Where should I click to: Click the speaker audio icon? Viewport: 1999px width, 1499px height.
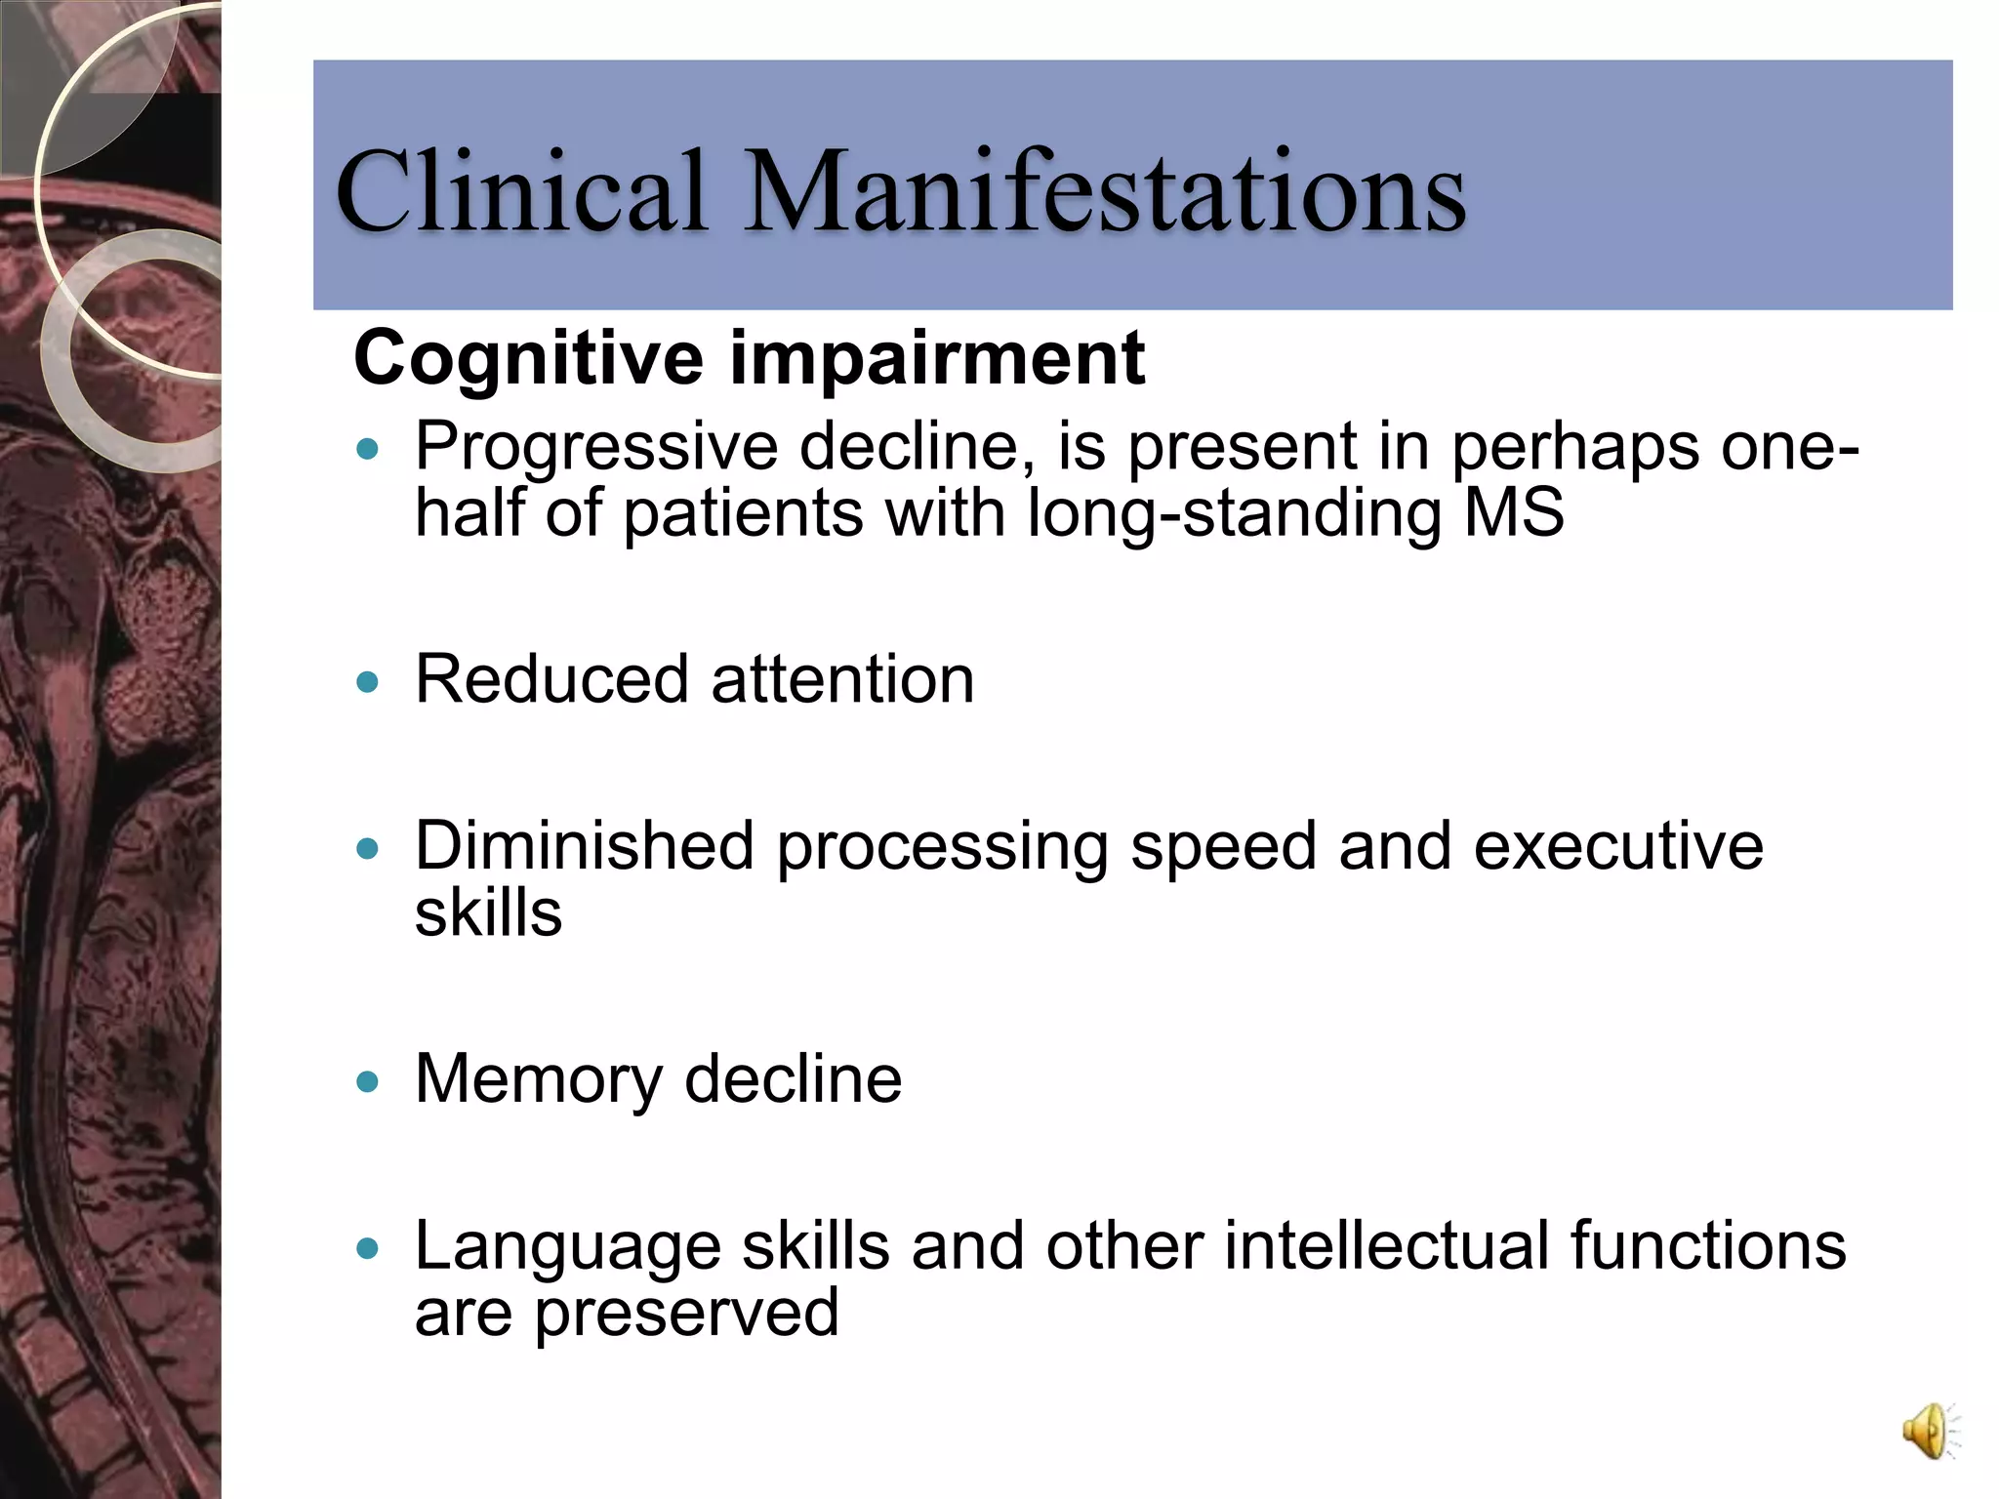1928,1432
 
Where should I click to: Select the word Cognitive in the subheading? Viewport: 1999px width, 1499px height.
528,359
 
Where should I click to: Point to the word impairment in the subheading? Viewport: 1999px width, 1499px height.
937,359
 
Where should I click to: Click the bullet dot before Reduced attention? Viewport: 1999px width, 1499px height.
367,681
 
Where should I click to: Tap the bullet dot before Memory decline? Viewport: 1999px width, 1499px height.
367,1081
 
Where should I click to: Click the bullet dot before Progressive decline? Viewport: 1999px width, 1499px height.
367,449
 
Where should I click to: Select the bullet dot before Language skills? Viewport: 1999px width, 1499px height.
367,1248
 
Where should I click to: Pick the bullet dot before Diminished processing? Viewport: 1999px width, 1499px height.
367,848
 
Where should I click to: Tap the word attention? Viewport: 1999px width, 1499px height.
842,679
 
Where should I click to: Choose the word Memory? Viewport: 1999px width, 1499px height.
539,1080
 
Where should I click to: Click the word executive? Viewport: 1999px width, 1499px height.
1618,846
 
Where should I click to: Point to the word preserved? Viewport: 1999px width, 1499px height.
686,1313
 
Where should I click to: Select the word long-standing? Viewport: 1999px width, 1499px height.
1234,515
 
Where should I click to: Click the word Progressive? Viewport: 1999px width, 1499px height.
596,448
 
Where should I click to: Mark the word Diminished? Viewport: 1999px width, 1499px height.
585,846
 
